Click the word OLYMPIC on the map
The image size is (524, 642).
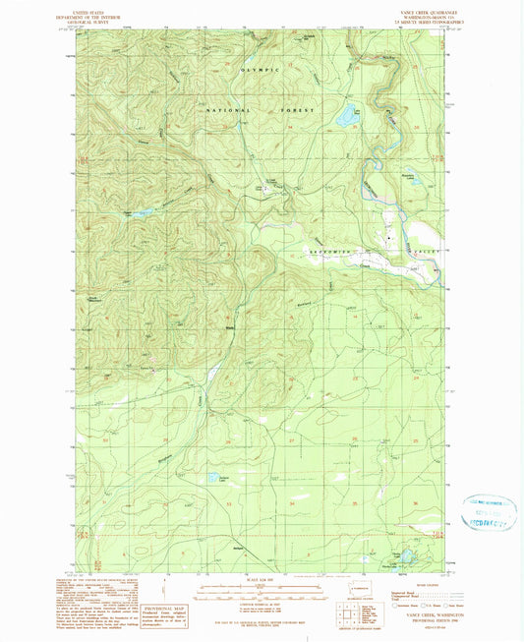[x=260, y=71]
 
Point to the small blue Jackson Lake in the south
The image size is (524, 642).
[x=212, y=479]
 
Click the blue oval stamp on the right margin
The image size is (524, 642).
[x=487, y=513]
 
